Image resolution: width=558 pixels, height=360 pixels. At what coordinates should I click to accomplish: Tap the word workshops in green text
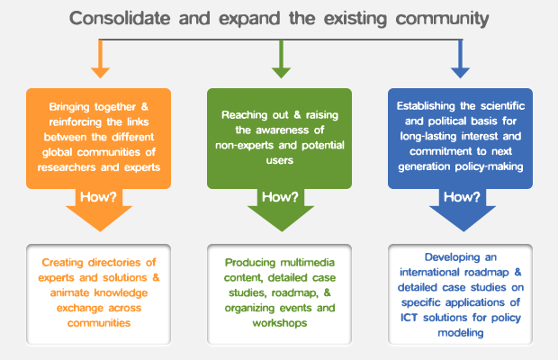(278, 323)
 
